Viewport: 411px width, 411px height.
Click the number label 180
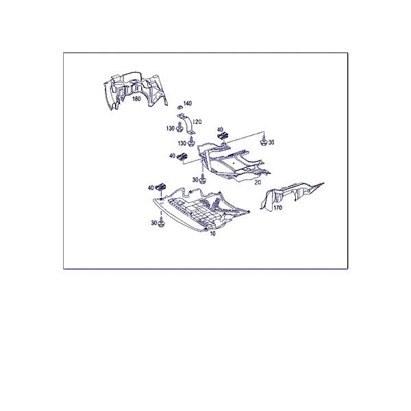tap(136, 99)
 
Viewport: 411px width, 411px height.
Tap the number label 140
tap(188, 103)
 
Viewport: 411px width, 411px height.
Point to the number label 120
tap(197, 122)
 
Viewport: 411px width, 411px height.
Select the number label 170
tap(277, 208)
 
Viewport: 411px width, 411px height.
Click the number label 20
tap(258, 182)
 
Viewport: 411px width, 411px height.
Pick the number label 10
tap(212, 234)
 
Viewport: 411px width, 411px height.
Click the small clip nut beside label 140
tap(179, 107)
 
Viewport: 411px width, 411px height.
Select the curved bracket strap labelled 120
tap(187, 124)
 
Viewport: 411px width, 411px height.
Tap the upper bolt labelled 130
tap(179, 127)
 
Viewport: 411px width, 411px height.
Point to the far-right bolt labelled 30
tap(264, 142)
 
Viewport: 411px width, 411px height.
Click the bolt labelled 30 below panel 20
tap(202, 179)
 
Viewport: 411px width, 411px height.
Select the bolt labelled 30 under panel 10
tap(161, 222)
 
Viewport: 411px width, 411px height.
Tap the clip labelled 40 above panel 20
tap(223, 136)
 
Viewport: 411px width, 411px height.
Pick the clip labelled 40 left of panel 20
tap(182, 157)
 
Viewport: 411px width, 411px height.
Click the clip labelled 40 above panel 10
tap(161, 187)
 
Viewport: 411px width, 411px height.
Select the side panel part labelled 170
tap(291, 195)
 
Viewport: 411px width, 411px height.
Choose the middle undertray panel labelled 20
tap(234, 162)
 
